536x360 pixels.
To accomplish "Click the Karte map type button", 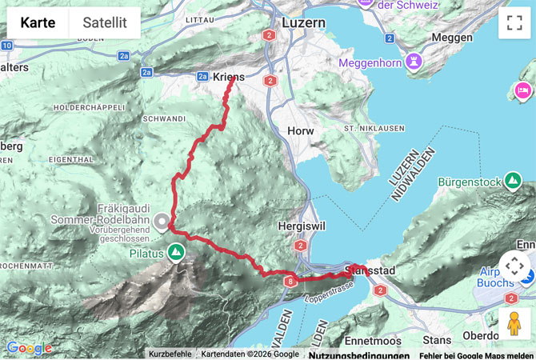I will coord(38,23).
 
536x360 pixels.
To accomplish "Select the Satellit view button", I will coord(105,23).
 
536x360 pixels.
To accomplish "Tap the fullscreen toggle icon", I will coord(514,23).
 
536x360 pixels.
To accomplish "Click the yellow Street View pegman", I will coord(514,323).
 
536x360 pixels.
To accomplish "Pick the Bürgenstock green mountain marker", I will coord(513,182).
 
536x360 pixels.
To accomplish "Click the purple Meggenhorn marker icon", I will coord(413,62).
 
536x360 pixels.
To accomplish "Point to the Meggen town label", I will coord(452,38).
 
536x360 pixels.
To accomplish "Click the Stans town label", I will coord(437,318).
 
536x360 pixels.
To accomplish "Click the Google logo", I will coord(29,348).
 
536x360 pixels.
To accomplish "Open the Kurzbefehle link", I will coord(170,354).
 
